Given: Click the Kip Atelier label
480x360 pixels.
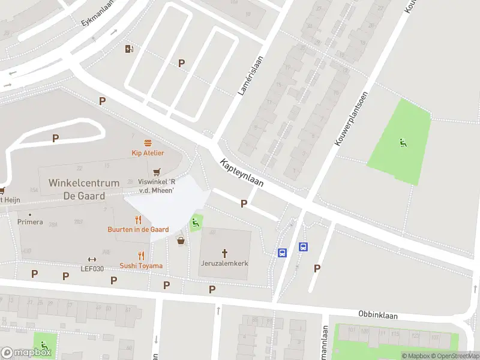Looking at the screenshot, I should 148,153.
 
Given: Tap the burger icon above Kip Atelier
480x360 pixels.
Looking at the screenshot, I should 148,143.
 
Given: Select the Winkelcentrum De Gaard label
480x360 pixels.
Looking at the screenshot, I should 85,189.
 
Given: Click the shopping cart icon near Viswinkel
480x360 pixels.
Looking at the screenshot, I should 158,172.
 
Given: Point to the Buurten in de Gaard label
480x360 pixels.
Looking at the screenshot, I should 138,230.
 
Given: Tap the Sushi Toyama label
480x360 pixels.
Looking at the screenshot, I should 141,266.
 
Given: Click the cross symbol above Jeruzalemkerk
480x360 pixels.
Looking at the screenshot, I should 226,253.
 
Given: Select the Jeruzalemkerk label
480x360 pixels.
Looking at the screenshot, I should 226,263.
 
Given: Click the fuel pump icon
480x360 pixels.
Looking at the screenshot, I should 128,49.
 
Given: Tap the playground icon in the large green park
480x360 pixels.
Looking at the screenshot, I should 403,142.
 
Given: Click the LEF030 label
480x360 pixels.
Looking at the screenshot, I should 92,268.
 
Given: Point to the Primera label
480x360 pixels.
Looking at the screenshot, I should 30,222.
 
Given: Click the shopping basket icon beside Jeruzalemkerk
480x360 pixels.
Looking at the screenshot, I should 181,241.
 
